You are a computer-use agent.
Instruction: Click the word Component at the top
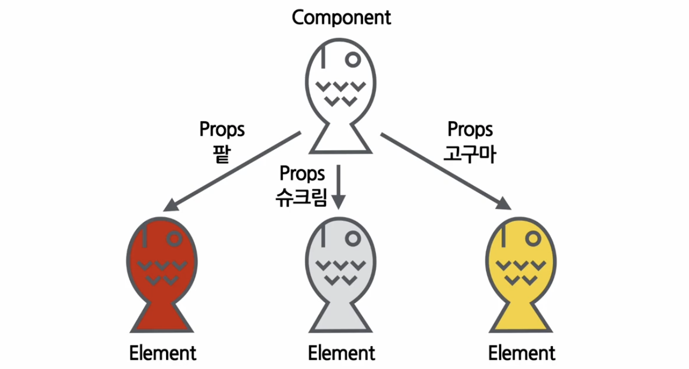pos(341,17)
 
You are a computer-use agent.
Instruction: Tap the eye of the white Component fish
pos(353,59)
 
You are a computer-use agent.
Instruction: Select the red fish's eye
pos(174,238)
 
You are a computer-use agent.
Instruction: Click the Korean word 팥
pos(222,155)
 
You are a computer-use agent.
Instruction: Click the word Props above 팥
pos(222,130)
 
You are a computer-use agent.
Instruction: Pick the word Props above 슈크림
pos(302,174)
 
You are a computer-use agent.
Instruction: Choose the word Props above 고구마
pos(470,130)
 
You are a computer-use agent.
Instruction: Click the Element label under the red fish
pos(163,354)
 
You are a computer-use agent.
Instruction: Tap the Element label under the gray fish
pos(341,354)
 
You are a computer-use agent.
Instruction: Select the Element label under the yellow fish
pos(522,354)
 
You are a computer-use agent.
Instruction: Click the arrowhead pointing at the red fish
pos(170,205)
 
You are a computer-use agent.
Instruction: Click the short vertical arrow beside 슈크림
pos(339,187)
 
